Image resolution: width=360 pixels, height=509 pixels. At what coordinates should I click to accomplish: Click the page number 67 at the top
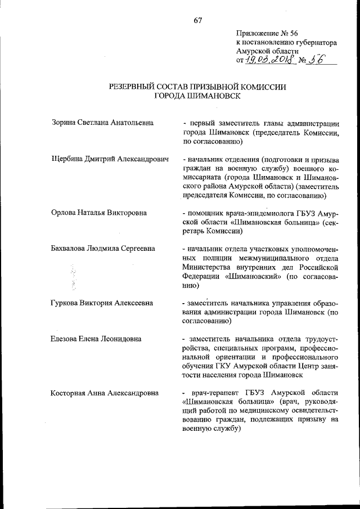click(197, 21)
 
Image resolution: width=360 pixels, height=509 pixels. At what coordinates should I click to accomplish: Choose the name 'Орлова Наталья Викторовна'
click(99, 213)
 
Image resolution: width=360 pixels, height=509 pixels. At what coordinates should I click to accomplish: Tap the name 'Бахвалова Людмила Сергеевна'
click(103, 249)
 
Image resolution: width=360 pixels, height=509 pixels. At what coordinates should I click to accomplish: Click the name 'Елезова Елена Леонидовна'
click(96, 339)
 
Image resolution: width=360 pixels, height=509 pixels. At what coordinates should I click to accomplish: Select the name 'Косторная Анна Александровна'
click(104, 393)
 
